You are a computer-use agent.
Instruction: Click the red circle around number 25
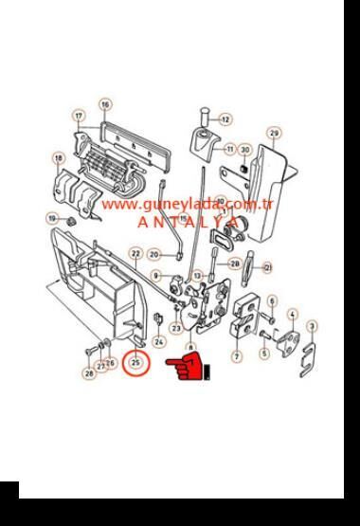pyautogui.click(x=138, y=361)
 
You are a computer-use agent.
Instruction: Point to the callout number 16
pyautogui.click(x=105, y=104)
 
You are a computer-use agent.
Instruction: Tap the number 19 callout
pyautogui.click(x=52, y=219)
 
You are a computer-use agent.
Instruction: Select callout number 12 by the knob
pyautogui.click(x=225, y=120)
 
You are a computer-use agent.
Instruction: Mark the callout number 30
pyautogui.click(x=244, y=150)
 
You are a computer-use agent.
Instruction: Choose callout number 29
pyautogui.click(x=274, y=133)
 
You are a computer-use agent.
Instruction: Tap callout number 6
pyautogui.click(x=272, y=301)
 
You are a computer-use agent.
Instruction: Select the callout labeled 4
pyautogui.click(x=292, y=315)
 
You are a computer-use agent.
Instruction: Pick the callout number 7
pyautogui.click(x=237, y=356)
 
